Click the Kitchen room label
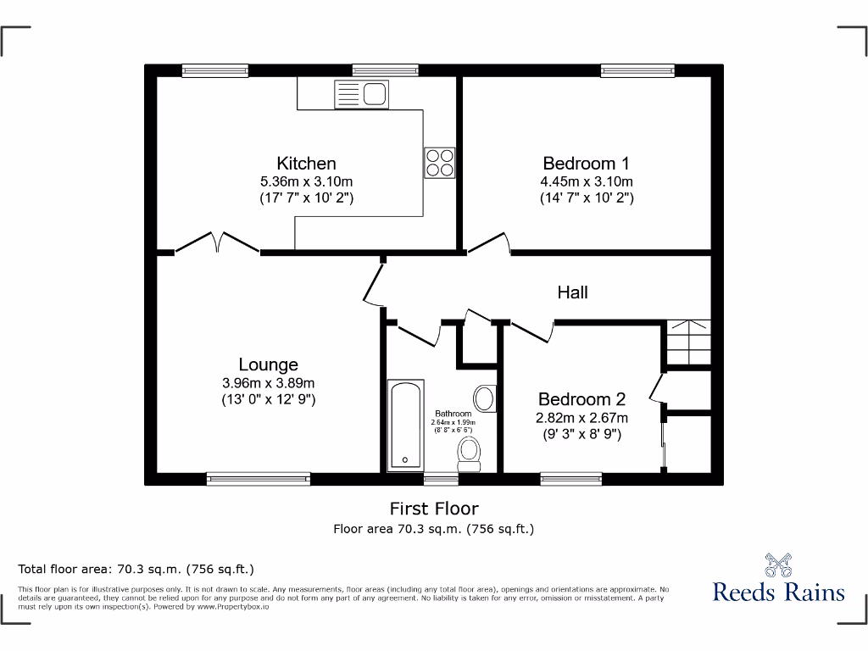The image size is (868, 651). (x=306, y=164)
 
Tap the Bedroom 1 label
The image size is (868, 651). (x=587, y=164)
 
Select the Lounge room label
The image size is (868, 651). (x=268, y=364)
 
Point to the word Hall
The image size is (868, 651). (x=572, y=292)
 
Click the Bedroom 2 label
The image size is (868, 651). (x=581, y=399)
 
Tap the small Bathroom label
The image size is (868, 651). (x=453, y=414)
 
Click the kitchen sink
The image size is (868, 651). (x=361, y=93)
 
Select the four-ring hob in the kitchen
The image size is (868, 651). (x=440, y=162)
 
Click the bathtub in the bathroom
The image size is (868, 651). (x=403, y=426)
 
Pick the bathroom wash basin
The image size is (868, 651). (x=485, y=397)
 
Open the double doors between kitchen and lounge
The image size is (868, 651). (x=218, y=243)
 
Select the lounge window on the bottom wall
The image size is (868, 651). (x=259, y=479)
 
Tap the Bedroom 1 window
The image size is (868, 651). (x=637, y=71)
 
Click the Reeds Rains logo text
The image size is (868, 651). (x=778, y=592)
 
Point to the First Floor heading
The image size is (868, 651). (x=434, y=509)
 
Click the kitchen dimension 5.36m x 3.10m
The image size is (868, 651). (x=306, y=181)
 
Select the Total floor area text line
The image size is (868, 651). (x=136, y=569)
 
